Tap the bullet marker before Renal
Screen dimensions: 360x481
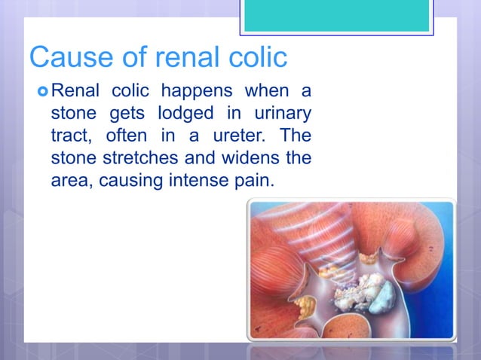(x=41, y=93)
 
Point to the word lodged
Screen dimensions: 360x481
(x=182, y=115)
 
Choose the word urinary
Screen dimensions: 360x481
(x=279, y=115)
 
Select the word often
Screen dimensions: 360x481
(x=127, y=137)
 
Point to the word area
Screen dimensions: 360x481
(x=70, y=181)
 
